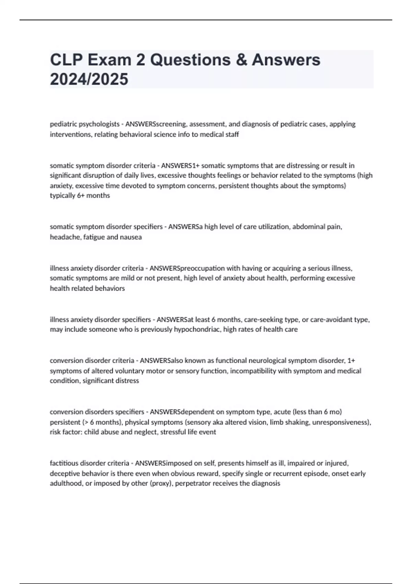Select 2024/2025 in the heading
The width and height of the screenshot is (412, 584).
tap(89, 79)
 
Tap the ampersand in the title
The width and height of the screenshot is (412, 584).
tap(240, 60)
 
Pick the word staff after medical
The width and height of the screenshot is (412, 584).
tap(231, 134)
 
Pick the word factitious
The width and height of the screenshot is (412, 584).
tap(64, 463)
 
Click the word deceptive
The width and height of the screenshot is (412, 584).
tap(65, 473)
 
